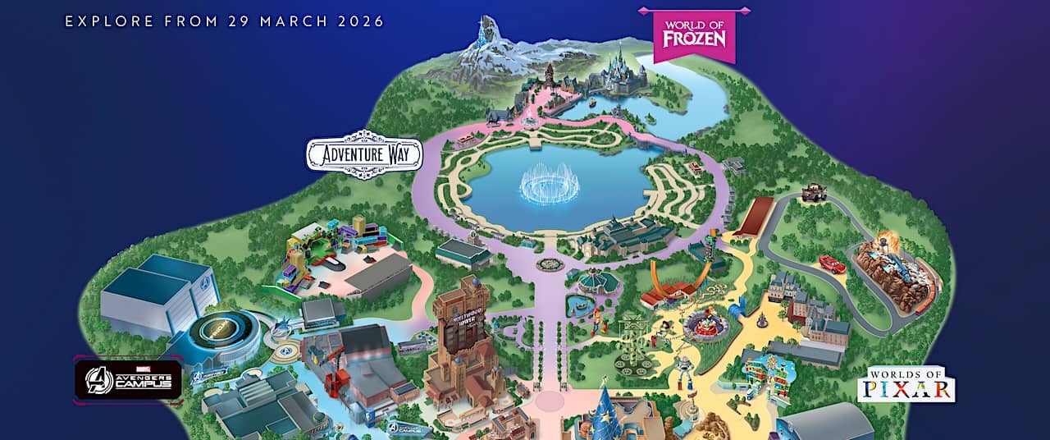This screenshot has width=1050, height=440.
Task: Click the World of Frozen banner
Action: pos(693,35)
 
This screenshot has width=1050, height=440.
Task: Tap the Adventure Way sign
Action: pos(364,154)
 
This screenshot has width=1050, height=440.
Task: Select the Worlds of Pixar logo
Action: pos(906,384)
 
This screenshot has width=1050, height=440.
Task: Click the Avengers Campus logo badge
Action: pos(128,379)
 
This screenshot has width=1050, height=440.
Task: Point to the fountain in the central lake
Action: pos(549,185)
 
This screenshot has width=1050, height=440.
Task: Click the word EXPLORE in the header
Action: pos(103,21)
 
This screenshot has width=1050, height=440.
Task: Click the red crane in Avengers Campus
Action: pos(337,378)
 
